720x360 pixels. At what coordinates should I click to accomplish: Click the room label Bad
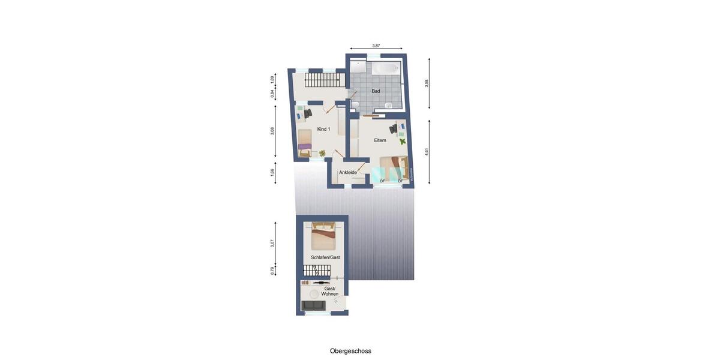pyautogui.click(x=376, y=91)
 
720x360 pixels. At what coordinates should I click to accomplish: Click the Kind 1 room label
pyautogui.click(x=323, y=129)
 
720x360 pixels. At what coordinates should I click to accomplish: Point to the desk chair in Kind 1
pyautogui.click(x=308, y=113)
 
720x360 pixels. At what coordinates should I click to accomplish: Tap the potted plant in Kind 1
pyautogui.click(x=322, y=154)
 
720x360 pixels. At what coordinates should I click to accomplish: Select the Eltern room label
pyautogui.click(x=380, y=140)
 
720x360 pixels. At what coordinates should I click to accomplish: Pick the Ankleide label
pyautogui.click(x=348, y=173)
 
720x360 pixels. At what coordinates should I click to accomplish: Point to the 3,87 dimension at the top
pyautogui.click(x=376, y=46)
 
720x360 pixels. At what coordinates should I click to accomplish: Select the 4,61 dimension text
pyautogui.click(x=427, y=152)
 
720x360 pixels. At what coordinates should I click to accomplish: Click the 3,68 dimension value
pyautogui.click(x=272, y=131)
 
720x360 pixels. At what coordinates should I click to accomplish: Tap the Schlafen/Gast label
pyautogui.click(x=325, y=257)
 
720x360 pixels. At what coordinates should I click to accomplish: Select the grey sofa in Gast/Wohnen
pyautogui.click(x=314, y=306)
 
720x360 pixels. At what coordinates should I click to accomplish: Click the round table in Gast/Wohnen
pyautogui.click(x=314, y=293)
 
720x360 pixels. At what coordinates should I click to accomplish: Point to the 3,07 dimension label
pyautogui.click(x=272, y=243)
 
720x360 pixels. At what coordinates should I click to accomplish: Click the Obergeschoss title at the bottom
pyautogui.click(x=350, y=351)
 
